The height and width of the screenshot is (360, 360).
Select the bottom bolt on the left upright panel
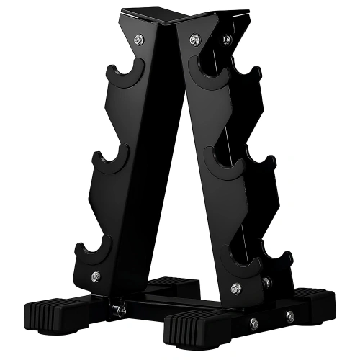96,276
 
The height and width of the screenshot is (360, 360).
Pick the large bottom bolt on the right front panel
235,288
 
